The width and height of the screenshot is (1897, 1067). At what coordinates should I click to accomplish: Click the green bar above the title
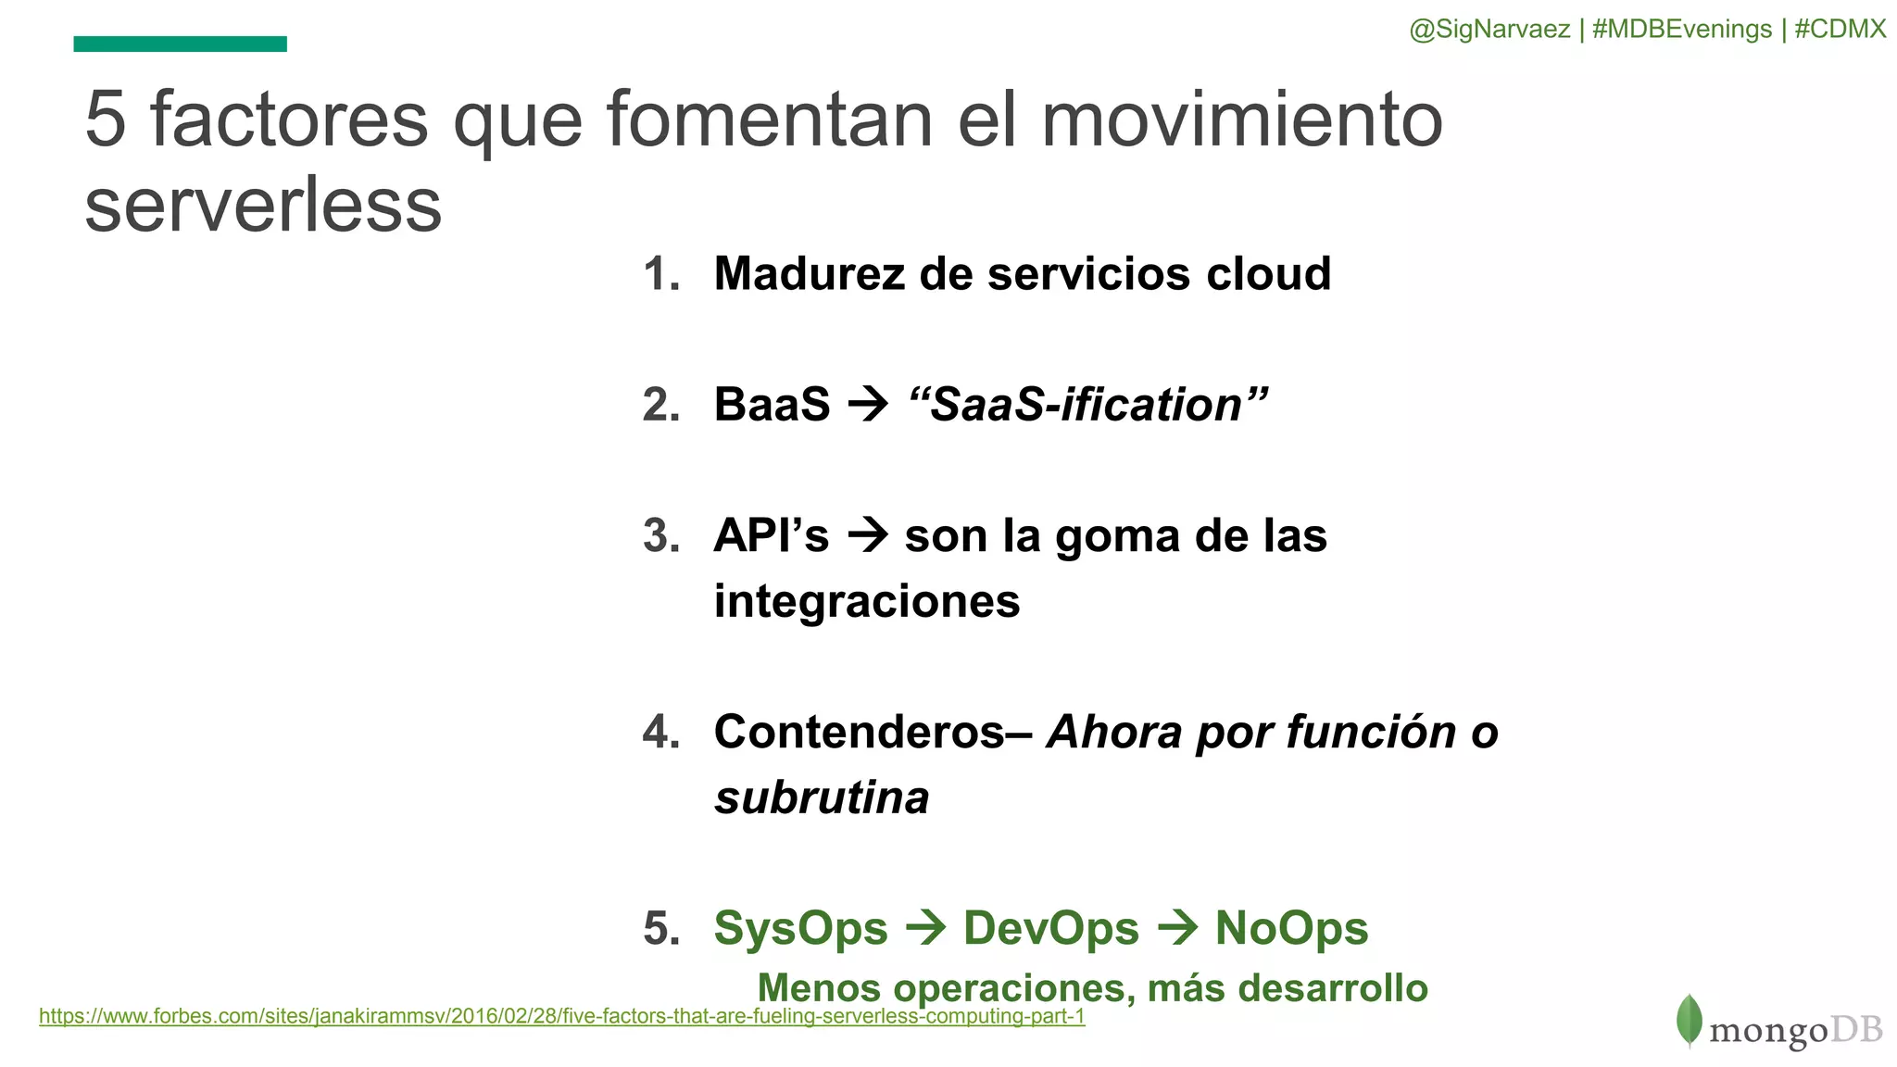(180, 44)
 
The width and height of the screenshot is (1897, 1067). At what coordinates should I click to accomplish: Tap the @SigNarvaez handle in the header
(1489, 30)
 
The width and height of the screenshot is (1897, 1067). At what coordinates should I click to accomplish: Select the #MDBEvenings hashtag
(1681, 30)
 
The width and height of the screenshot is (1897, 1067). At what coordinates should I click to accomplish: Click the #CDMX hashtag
(1840, 30)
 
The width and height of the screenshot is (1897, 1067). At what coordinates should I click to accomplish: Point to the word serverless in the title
(263, 205)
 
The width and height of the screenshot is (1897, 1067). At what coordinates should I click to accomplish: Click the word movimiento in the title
(1241, 119)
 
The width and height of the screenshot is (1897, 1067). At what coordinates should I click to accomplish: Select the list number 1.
(660, 275)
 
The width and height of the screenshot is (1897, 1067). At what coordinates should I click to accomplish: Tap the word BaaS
(772, 405)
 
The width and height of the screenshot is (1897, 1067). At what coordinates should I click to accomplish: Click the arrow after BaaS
(869, 405)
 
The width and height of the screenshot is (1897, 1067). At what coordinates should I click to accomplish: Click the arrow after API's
(868, 535)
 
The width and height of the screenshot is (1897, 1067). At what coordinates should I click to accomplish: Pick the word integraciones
(867, 601)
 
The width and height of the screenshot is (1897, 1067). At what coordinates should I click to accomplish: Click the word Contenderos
(860, 732)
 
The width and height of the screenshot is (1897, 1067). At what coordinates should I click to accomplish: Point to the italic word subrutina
(822, 797)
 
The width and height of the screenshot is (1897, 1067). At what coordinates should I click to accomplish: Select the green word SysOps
(800, 928)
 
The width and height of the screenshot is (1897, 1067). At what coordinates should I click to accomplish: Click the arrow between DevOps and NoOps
(1178, 928)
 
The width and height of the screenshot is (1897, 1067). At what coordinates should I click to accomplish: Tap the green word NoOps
(1291, 928)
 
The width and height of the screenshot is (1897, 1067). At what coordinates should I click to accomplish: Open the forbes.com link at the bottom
(561, 1016)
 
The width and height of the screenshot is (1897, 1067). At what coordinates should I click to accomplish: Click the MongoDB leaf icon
(1689, 1020)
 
